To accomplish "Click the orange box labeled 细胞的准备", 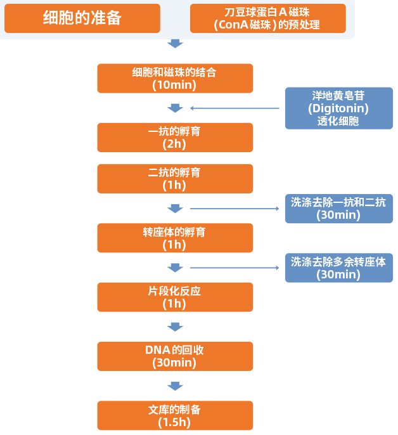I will tap(82, 18).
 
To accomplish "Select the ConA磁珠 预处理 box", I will tap(267, 18).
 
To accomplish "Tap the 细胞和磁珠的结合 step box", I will tap(175, 78).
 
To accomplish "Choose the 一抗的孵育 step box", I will tap(175, 138).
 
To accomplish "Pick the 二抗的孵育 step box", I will tap(175, 179).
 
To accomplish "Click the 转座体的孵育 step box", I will tap(175, 238).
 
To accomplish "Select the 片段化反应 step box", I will tap(175, 297).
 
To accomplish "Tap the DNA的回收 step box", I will tap(175, 356).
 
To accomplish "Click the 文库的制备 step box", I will tap(175, 415).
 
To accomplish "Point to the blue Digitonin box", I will tap(338, 108).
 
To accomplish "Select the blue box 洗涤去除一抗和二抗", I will tap(338, 209).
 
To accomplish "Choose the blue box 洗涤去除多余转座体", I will tap(338, 268).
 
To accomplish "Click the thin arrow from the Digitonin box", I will tap(234, 108).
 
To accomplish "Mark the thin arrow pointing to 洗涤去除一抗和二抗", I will tap(234, 209).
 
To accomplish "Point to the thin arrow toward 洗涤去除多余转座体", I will tap(234, 268).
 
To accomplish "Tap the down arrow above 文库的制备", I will tap(175, 386).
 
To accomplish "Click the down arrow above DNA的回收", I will tap(175, 327).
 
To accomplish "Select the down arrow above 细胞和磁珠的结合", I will tap(175, 44).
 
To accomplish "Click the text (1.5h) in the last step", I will tap(175, 422).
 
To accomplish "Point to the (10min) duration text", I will tap(175, 84).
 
